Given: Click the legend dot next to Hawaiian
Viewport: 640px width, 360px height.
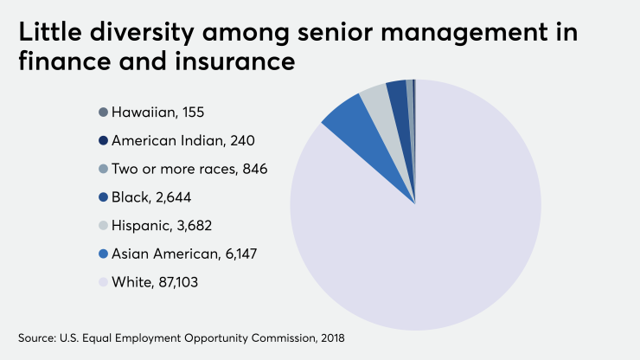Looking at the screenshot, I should coord(104,112).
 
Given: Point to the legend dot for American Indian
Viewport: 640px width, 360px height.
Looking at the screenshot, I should coord(104,140).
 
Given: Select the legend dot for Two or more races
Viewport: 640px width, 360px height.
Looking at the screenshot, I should coord(104,169).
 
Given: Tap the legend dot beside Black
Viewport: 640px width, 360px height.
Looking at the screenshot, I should coord(104,197).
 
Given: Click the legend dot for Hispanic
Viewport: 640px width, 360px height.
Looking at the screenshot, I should coord(104,225).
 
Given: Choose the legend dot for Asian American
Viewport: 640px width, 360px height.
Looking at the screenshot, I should coord(104,254).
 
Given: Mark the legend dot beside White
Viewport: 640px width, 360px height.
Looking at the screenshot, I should coord(104,282).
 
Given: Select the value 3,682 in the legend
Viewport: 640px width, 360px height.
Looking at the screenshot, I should coord(192,225).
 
